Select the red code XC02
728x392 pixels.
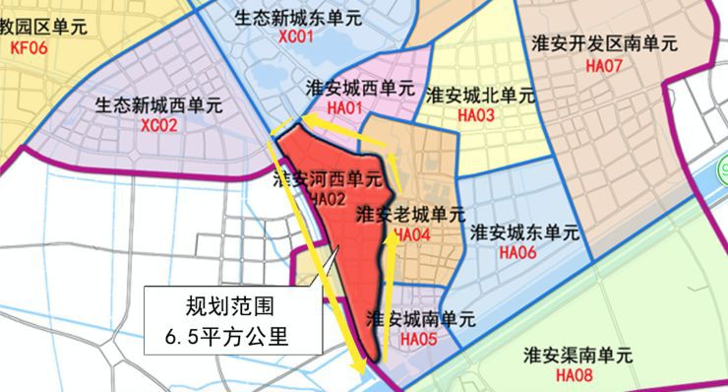[x=158, y=125]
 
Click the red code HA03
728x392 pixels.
[x=476, y=115]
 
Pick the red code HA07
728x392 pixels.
[x=603, y=66]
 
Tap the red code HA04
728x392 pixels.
[x=412, y=234]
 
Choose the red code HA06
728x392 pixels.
[x=517, y=253]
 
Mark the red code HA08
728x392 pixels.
[x=574, y=374]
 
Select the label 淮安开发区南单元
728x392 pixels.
[x=603, y=44]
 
